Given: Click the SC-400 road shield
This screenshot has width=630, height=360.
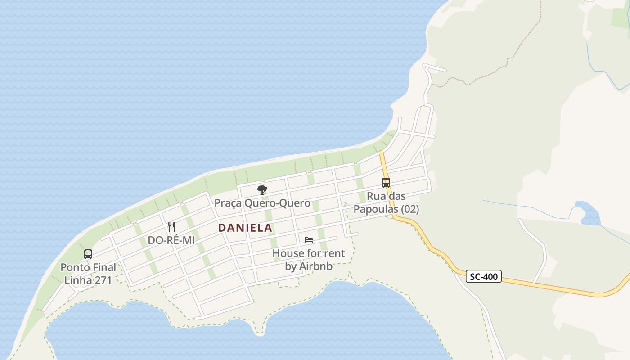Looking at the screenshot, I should click(x=484, y=276).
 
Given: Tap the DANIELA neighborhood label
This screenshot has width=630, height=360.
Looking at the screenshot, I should click(x=245, y=228).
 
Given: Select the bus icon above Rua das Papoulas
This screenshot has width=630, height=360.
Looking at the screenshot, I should click(x=386, y=182).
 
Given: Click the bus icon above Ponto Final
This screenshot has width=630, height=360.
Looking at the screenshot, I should click(x=88, y=254).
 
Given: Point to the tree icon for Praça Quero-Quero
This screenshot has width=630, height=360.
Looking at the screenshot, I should click(x=262, y=189).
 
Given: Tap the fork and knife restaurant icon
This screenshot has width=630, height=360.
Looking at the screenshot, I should click(x=171, y=226).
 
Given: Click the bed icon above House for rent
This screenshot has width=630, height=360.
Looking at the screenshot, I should click(x=308, y=240).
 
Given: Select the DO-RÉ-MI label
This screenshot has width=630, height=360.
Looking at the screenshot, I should click(x=171, y=240).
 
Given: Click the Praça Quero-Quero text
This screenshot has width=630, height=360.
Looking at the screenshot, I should click(x=262, y=203).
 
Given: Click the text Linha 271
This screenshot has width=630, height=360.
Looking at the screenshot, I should click(x=88, y=280).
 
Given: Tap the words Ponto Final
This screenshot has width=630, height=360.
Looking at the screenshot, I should click(x=88, y=267).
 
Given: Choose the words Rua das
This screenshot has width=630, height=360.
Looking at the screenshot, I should click(x=386, y=196).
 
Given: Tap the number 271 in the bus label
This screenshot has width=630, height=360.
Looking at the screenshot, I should click(x=103, y=280).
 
